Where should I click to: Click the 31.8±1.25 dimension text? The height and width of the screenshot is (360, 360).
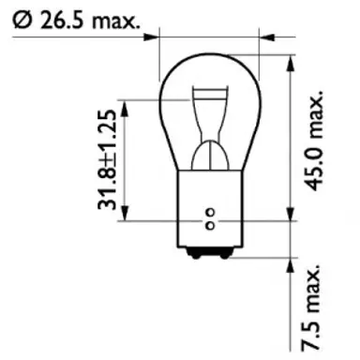tap(112, 159)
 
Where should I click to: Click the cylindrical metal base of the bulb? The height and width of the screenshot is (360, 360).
tap(210, 202)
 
